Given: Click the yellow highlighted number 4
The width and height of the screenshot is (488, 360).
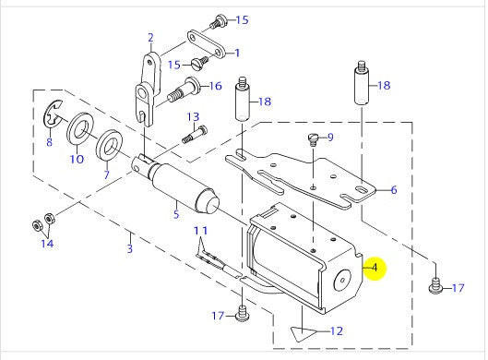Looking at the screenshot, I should tap(375, 268).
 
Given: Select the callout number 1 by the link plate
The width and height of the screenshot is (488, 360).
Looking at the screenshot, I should tap(236, 53).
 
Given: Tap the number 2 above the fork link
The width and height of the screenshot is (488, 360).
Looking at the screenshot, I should tap(149, 38).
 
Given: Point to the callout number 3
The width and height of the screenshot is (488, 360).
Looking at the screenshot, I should tap(131, 249).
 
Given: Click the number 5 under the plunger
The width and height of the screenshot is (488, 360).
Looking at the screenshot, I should tap(174, 216).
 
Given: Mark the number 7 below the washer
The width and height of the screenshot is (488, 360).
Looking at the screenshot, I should tap(106, 174).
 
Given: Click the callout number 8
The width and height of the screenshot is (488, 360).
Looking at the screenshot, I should tap(50, 144).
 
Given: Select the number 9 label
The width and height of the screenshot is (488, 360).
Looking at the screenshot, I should tap(331, 138).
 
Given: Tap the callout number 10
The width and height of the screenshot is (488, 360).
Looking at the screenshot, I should tap(77, 159).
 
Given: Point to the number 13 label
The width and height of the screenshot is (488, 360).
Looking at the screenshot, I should tap(193, 116).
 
